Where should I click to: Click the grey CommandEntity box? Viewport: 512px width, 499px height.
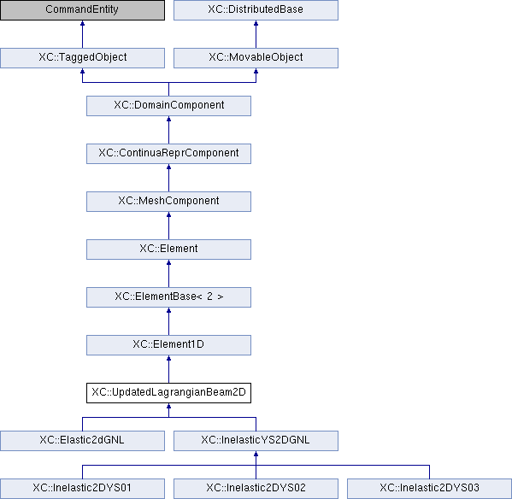pyautogui.click(x=82, y=9)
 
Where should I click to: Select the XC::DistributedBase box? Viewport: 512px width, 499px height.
pyautogui.click(x=256, y=9)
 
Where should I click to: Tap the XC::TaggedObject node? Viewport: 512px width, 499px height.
pyautogui.click(x=82, y=58)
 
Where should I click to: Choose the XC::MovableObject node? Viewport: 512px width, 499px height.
pyautogui.click(x=256, y=58)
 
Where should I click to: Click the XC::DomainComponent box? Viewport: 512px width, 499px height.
pyautogui.click(x=169, y=106)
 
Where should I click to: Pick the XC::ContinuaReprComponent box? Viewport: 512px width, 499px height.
pyautogui.click(x=169, y=154)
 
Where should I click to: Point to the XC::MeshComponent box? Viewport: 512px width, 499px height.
pyautogui.click(x=169, y=202)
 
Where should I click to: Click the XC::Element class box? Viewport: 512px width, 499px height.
pyautogui.click(x=169, y=249)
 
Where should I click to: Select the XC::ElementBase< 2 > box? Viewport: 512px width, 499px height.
pyautogui.click(x=169, y=297)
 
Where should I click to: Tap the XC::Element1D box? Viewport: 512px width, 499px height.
pyautogui.click(x=169, y=345)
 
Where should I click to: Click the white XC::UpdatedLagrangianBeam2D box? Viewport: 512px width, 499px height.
pyautogui.click(x=169, y=393)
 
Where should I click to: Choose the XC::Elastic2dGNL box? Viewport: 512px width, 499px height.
pyautogui.click(x=82, y=441)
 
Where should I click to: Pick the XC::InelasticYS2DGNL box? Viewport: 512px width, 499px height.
pyautogui.click(x=256, y=441)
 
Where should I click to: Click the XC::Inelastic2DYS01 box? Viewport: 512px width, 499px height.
pyautogui.click(x=82, y=489)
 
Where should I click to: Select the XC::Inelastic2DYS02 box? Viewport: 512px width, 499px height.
pyautogui.click(x=256, y=489)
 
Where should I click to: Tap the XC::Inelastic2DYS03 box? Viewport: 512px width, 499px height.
pyautogui.click(x=429, y=489)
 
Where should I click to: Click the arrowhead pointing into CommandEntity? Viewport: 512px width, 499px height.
pyautogui.click(x=82, y=23)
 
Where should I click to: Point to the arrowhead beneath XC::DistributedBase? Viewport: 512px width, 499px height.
pyautogui.click(x=256, y=23)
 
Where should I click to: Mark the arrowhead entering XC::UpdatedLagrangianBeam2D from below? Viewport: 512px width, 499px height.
pyautogui.click(x=169, y=406)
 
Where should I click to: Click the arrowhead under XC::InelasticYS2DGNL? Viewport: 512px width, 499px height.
pyautogui.click(x=256, y=454)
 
